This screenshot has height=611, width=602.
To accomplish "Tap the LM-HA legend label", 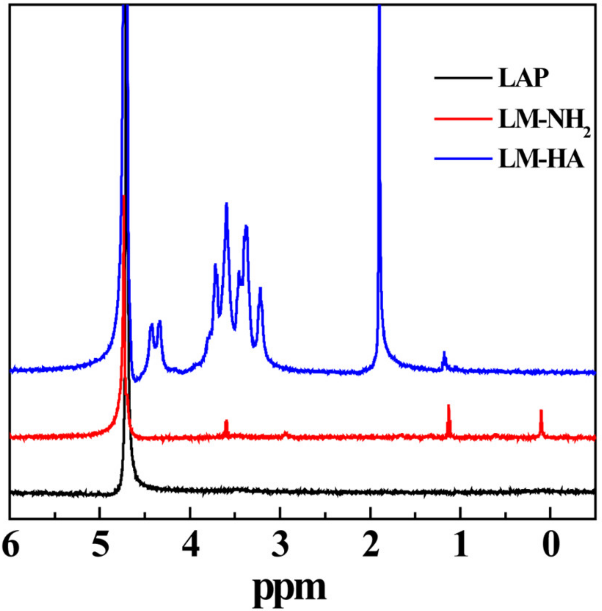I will tap(540, 160).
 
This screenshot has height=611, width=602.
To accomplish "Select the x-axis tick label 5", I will tap(100, 545).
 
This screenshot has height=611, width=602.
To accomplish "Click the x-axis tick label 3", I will tap(280, 545).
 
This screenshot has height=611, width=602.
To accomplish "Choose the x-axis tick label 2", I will tap(370, 545).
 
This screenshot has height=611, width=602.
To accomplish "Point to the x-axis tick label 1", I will tap(461, 545).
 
